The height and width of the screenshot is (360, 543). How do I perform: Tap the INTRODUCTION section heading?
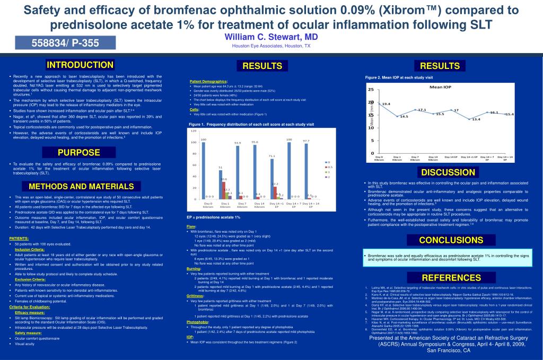click(x=80, y=65)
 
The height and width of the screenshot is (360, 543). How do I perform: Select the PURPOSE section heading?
click(x=79, y=153)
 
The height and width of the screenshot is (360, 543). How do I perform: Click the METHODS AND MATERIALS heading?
click(x=81, y=187)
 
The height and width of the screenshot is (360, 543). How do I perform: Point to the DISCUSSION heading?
click(x=448, y=172)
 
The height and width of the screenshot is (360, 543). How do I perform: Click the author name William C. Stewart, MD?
click(x=271, y=37)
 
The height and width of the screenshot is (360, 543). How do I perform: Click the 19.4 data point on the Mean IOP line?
click(x=380, y=104)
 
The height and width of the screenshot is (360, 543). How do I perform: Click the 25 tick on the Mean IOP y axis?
click(x=371, y=90)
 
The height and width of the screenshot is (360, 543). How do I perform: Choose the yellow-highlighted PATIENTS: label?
click(x=19, y=239)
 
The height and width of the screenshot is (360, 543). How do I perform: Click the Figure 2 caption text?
click(x=399, y=77)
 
